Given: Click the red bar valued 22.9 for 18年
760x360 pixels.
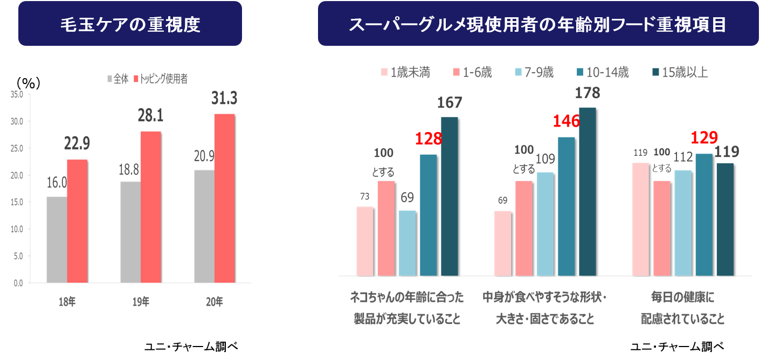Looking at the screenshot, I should click(77, 220).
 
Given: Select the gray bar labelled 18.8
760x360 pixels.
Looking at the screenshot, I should click(130, 232).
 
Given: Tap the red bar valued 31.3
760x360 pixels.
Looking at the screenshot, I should click(225, 198).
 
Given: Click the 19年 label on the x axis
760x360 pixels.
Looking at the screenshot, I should click(141, 302).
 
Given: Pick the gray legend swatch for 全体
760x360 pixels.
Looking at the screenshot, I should click(110, 79).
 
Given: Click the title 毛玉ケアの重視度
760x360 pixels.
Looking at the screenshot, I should click(130, 24).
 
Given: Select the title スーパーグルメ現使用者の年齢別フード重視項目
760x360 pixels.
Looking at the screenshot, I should click(537, 24).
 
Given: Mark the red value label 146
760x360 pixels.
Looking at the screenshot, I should click(566, 121).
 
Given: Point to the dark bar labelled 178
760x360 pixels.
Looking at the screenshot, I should click(587, 191).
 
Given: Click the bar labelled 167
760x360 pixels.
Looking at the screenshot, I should click(449, 196).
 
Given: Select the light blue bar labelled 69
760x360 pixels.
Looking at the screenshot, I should click(407, 243).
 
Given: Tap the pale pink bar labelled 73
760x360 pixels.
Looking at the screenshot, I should click(365, 241).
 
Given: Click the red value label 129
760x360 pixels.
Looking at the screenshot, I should click(704, 138).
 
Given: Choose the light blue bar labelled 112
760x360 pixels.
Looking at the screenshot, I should click(683, 223).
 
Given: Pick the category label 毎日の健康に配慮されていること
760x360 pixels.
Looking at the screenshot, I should click(682, 308).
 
